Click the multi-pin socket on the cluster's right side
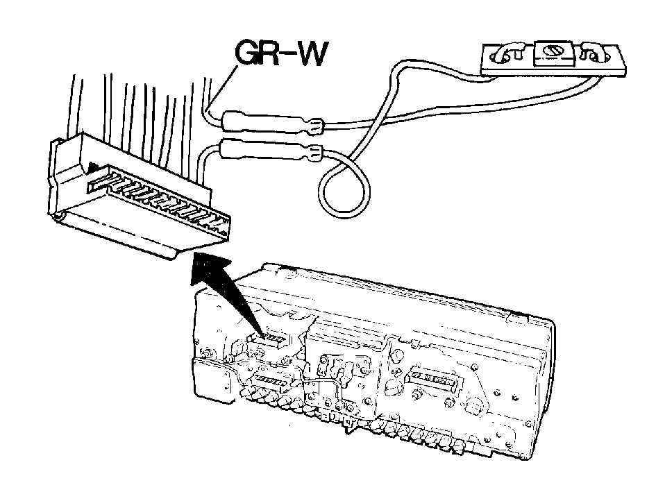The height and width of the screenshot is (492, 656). coord(435,378)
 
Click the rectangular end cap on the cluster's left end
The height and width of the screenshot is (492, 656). coord(213,381)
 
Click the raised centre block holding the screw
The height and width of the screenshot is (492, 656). coord(555,53)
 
